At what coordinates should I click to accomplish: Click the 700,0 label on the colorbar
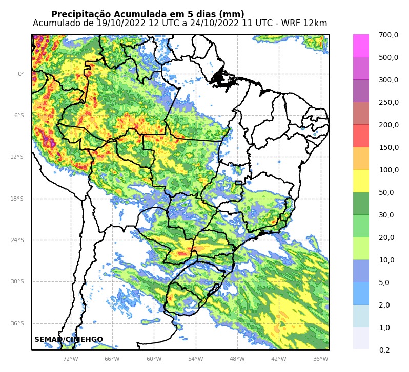point(388,35)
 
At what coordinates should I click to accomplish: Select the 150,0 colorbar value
point(388,147)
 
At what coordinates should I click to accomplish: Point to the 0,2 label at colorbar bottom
point(384,350)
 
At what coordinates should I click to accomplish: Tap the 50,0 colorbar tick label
point(386,192)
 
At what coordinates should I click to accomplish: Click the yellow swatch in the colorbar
point(361,181)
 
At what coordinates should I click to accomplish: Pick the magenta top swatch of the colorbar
point(361,46)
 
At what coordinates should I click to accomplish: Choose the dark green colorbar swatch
point(361,204)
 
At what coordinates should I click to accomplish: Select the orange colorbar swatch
point(361,159)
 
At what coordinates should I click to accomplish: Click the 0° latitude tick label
point(21,74)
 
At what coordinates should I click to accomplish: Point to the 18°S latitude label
point(17,199)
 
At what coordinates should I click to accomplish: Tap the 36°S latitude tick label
point(17,323)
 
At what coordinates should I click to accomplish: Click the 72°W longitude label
point(70,359)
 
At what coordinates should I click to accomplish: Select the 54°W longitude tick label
point(195,359)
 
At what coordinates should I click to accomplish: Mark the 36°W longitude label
point(320,359)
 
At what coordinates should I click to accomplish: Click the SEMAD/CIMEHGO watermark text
point(69,340)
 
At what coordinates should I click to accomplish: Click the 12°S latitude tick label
point(17,157)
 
